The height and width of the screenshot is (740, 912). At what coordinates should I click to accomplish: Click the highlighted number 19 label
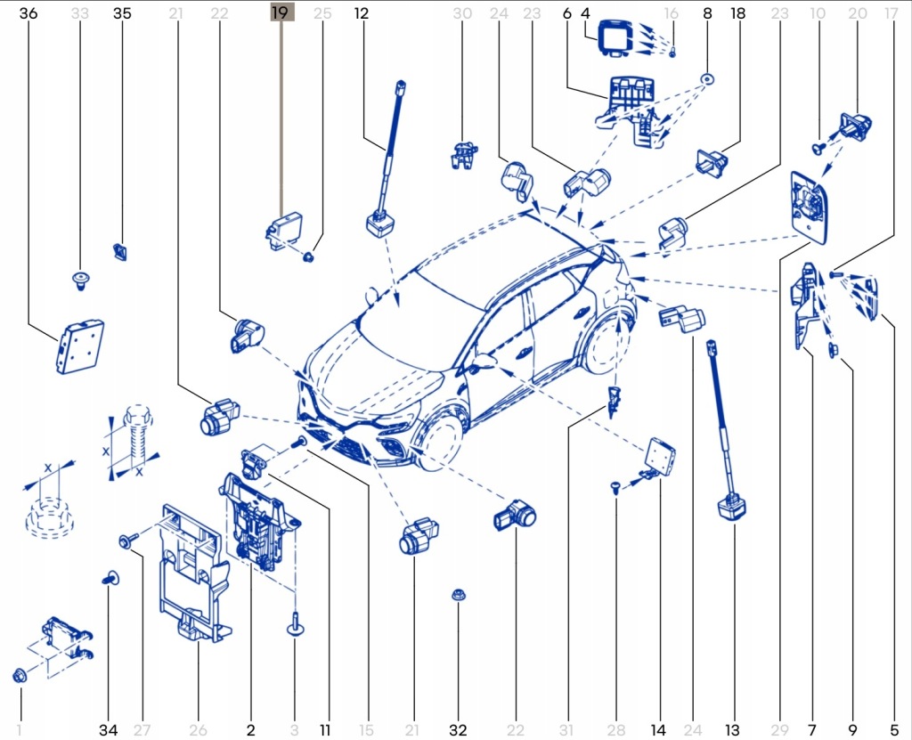(280, 13)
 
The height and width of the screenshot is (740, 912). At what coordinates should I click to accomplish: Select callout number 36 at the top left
(28, 13)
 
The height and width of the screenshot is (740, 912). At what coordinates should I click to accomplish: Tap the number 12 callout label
(361, 13)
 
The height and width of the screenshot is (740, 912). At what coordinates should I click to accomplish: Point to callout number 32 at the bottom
(458, 730)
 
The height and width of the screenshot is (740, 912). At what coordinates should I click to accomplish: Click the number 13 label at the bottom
(733, 730)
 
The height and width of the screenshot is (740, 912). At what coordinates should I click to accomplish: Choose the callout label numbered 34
(108, 730)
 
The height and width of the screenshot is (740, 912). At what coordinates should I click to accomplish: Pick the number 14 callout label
(658, 730)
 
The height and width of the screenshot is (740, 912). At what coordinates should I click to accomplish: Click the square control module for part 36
(78, 346)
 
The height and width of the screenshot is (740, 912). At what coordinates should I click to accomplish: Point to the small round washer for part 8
(707, 78)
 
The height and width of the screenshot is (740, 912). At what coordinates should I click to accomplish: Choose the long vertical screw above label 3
(294, 623)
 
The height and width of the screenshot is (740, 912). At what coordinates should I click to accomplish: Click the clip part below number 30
(461, 154)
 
